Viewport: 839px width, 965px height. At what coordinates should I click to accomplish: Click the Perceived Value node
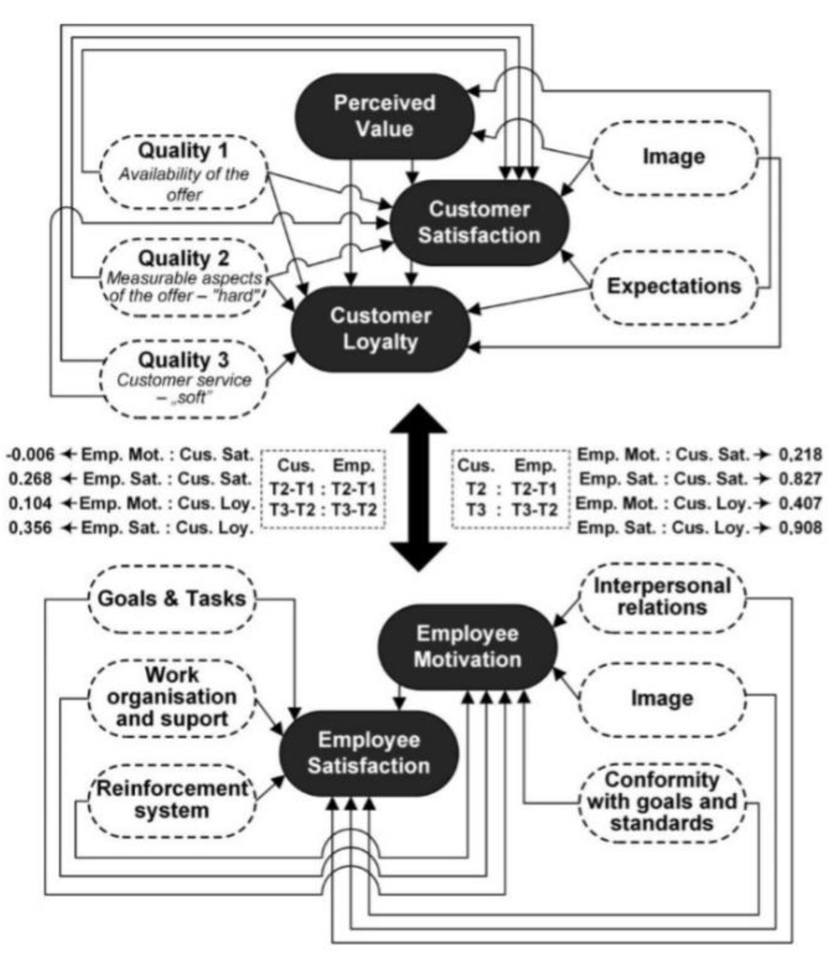tap(384, 116)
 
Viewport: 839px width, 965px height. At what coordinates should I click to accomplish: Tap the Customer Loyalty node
tap(380, 329)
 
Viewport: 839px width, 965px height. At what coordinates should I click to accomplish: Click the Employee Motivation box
tap(467, 647)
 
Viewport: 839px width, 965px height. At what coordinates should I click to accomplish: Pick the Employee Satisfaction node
tap(369, 753)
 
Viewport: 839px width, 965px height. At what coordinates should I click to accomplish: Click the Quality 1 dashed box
tap(183, 172)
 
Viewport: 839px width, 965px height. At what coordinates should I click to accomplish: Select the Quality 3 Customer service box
tap(183, 378)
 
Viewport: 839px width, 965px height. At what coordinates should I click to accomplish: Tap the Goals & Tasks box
tap(172, 599)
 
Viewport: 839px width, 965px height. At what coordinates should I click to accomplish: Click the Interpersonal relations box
tap(661, 597)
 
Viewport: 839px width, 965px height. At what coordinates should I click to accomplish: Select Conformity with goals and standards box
tap(661, 801)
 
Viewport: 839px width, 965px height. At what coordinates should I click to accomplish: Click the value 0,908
tap(800, 528)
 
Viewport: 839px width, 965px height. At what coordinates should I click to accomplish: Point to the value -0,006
tap(31, 454)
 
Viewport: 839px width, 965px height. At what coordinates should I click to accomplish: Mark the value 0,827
tap(800, 479)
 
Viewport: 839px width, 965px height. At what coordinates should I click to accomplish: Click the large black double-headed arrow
tap(419, 487)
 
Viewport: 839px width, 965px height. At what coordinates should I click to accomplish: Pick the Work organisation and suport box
tap(172, 697)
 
